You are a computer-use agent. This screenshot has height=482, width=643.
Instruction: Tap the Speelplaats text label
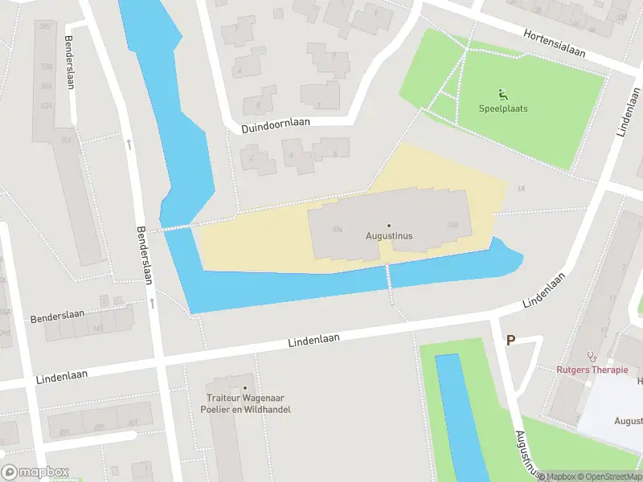pos(503,108)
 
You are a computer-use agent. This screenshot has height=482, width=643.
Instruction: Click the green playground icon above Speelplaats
pos(503,94)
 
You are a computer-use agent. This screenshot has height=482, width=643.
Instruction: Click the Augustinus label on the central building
pos(389,236)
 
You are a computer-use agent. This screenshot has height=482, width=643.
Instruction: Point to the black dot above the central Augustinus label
pos(389,226)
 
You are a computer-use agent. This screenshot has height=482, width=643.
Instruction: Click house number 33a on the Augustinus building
pos(338,229)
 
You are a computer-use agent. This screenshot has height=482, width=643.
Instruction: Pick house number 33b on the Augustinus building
pos(453,224)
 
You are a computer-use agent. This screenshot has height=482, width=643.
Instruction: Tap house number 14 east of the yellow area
pos(521,189)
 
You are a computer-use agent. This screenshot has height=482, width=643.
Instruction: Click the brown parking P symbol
pos(510,341)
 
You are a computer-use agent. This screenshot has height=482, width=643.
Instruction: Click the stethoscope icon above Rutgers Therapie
pos(592,356)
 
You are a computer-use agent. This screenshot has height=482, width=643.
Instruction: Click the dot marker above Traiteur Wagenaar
pos(246,387)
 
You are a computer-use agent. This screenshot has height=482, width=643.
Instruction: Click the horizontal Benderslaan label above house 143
pos(57,319)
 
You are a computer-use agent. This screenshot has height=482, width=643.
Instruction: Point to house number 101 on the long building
pos(66,140)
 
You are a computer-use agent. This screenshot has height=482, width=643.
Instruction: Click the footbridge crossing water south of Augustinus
pos(389,277)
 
